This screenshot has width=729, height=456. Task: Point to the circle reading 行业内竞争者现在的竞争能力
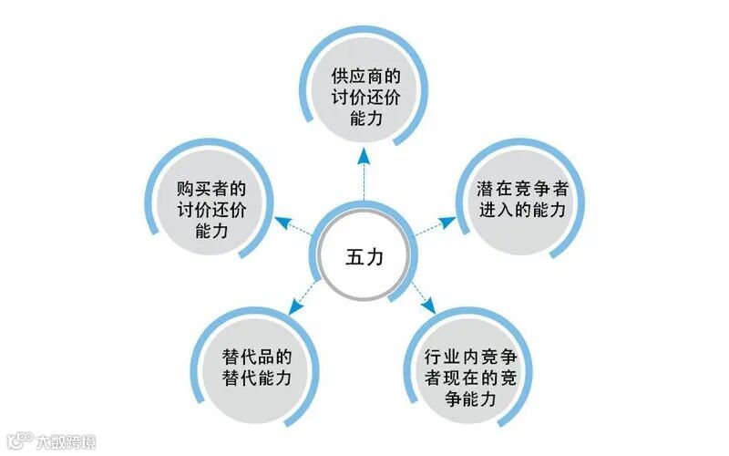pyautogui.click(x=471, y=375)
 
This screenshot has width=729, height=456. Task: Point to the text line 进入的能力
pyautogui.click(x=522, y=211)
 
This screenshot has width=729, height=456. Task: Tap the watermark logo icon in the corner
pyautogui.click(x=19, y=441)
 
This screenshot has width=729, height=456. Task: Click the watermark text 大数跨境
pyautogui.click(x=65, y=442)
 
